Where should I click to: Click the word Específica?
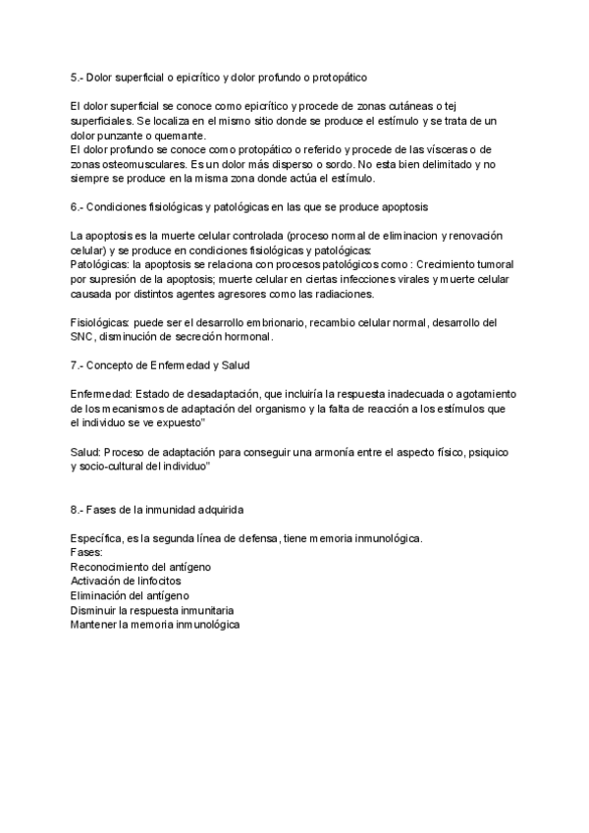tap(98, 538)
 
